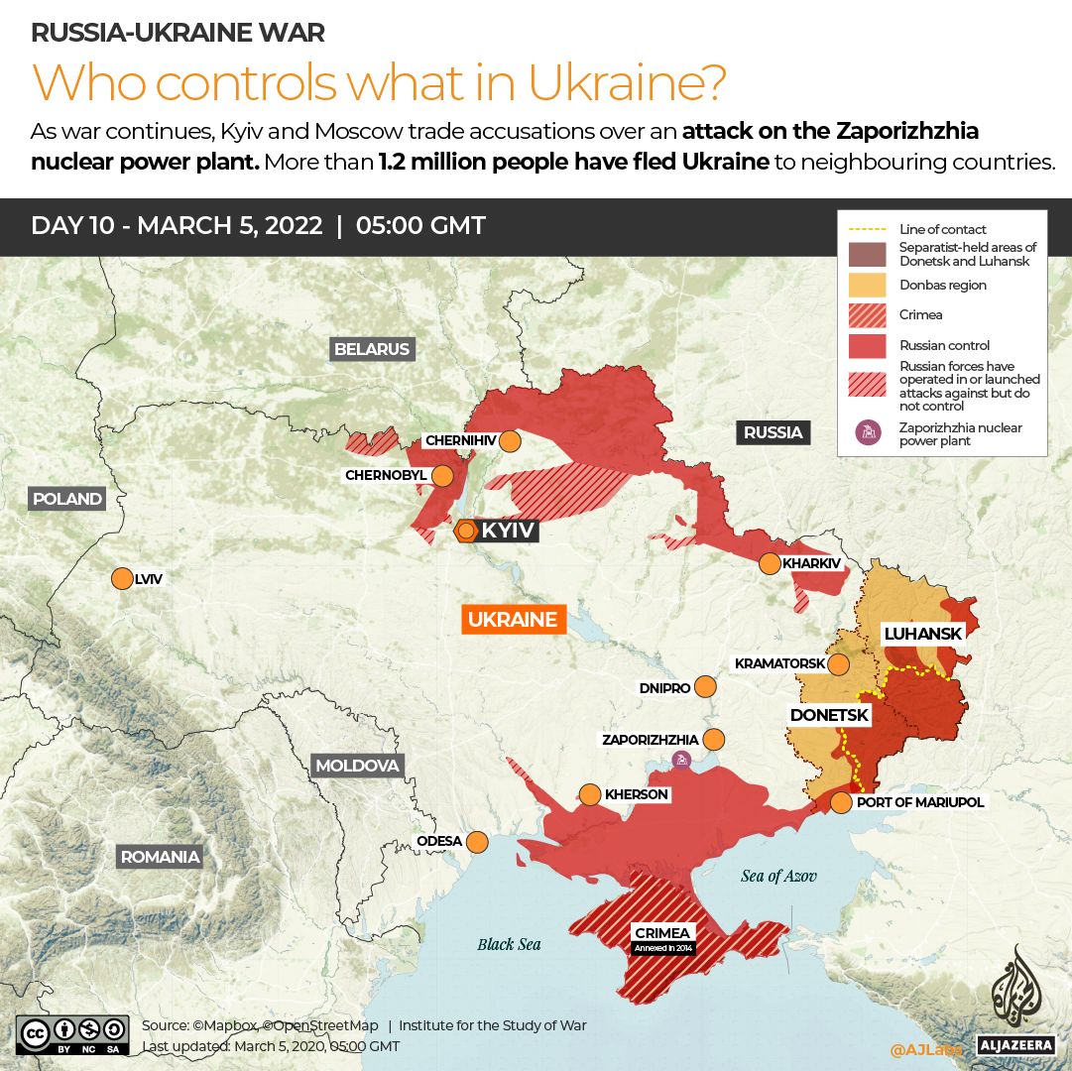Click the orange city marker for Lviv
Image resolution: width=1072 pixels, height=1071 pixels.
point(122,578)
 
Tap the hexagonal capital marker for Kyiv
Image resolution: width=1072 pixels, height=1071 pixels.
point(465,532)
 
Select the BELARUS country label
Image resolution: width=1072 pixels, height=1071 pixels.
point(372,349)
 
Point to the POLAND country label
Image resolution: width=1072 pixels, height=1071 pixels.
point(67,499)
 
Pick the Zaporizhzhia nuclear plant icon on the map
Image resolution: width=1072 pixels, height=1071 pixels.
point(681,761)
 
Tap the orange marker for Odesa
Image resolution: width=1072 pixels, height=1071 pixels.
point(477,842)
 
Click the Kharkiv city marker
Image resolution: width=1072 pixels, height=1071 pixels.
point(770,563)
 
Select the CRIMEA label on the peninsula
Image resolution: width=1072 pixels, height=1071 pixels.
point(663,932)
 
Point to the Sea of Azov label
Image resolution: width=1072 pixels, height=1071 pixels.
point(778,876)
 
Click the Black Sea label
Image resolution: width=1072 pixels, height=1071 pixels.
point(509,944)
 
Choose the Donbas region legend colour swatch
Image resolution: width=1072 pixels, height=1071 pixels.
point(865,286)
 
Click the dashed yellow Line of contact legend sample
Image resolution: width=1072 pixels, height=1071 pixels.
point(865,229)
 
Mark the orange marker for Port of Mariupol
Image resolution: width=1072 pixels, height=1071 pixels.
point(840,802)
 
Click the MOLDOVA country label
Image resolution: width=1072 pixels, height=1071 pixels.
point(357,766)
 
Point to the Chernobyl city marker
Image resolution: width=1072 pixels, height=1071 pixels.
point(442,475)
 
